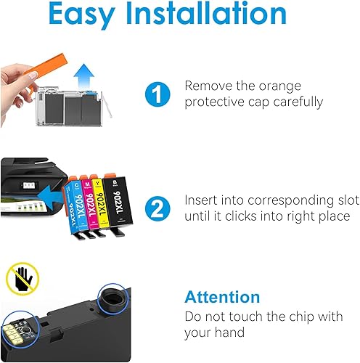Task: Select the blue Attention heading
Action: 222,297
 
